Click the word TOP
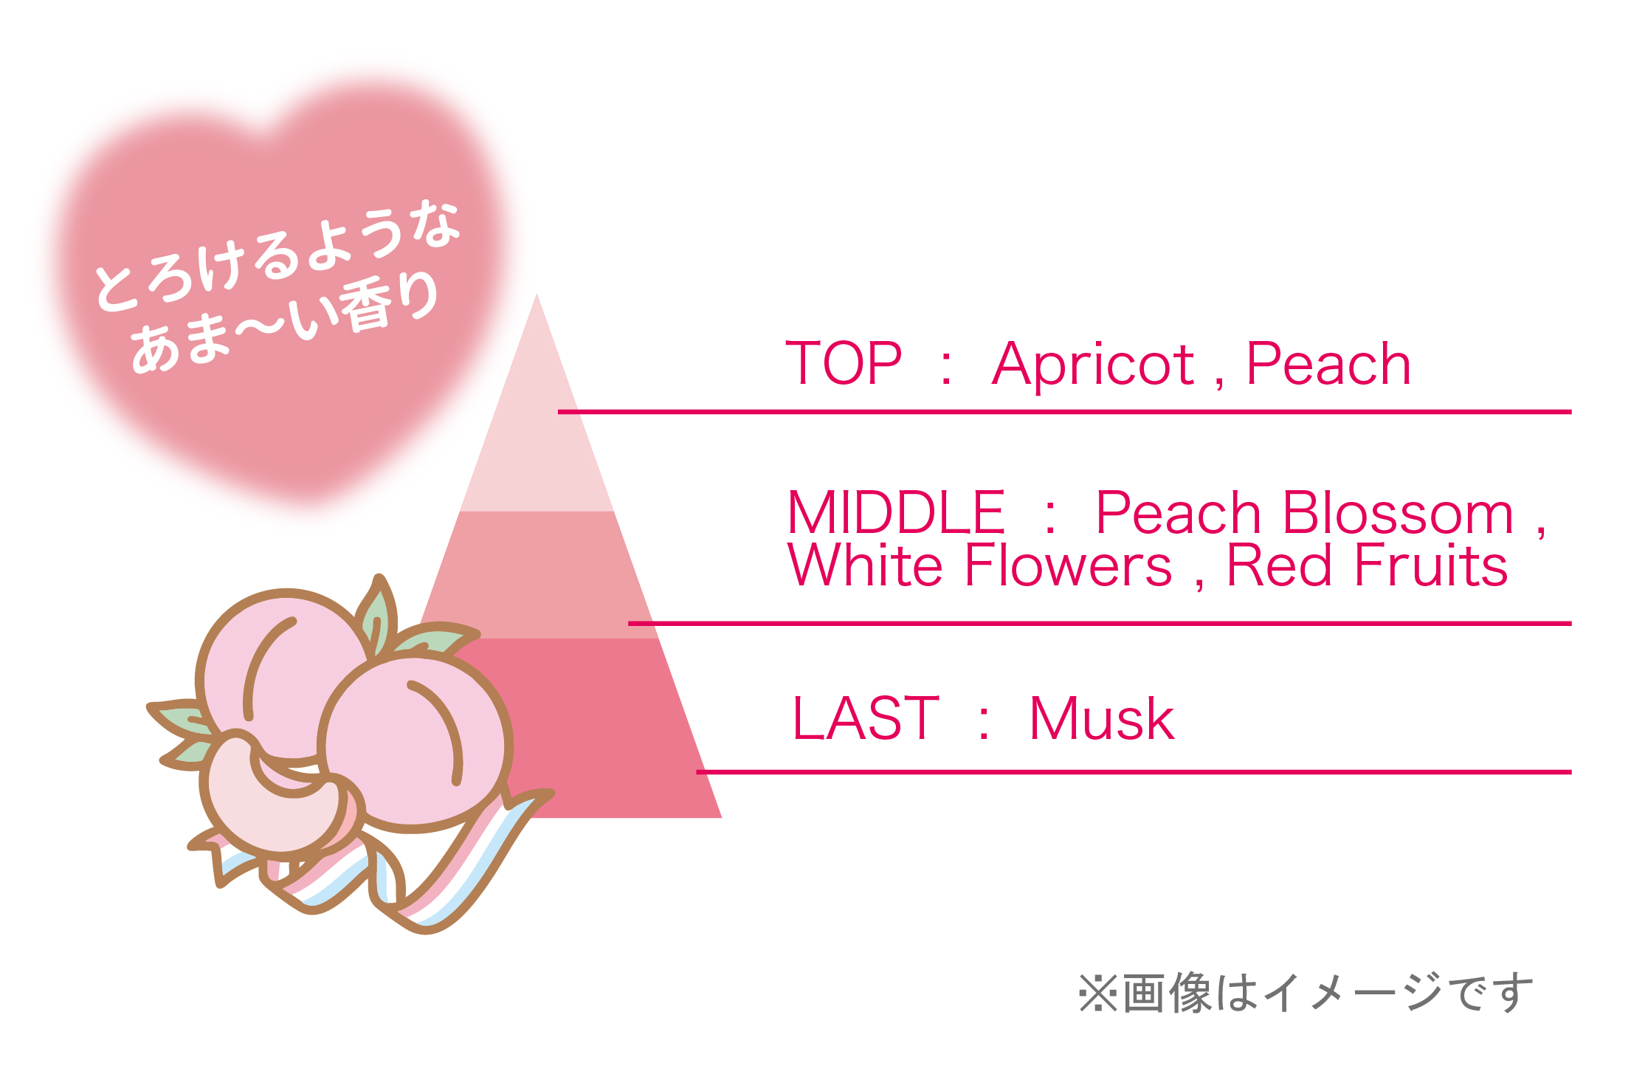(844, 363)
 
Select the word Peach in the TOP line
(1328, 364)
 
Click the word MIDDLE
(896, 512)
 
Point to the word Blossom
(1398, 512)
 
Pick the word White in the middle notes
(866, 565)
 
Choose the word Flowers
(1068, 565)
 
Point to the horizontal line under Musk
(1134, 772)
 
